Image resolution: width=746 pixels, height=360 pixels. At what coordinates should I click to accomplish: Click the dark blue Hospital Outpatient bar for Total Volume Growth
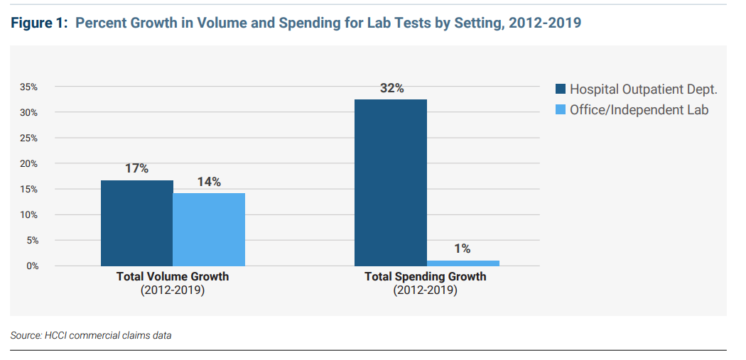click(136, 223)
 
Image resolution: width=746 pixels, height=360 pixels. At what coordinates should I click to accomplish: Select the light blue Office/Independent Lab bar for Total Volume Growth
click(209, 229)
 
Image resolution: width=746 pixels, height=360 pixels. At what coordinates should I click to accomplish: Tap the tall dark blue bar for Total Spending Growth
click(390, 182)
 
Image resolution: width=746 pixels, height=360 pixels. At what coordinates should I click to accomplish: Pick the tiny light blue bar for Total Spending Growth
click(463, 263)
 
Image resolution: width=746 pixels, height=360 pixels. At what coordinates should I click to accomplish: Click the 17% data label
click(136, 169)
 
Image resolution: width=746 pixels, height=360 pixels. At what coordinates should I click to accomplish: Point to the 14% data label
click(209, 182)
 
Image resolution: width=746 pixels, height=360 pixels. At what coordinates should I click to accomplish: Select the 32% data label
click(391, 88)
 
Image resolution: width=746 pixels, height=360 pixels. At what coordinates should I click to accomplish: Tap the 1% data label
click(463, 249)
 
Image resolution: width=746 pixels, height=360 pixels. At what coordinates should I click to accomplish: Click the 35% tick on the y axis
click(28, 87)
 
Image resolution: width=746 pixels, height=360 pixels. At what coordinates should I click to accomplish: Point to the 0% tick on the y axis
click(31, 266)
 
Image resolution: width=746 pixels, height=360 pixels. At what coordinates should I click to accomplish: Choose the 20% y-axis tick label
click(28, 164)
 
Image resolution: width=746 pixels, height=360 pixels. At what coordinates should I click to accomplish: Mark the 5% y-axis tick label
click(31, 241)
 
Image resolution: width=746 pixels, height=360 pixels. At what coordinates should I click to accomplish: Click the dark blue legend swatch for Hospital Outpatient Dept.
click(560, 89)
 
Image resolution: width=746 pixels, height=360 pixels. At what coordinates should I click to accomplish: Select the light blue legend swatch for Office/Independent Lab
click(560, 110)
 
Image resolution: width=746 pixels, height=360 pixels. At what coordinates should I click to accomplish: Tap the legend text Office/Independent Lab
click(639, 110)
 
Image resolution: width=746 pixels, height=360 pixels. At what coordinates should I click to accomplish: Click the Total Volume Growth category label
click(173, 277)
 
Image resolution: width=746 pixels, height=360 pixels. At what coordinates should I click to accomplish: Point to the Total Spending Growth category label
click(426, 277)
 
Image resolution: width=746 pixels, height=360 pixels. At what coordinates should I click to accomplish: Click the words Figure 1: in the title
click(40, 23)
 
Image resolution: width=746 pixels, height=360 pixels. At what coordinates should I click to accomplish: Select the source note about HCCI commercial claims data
click(91, 335)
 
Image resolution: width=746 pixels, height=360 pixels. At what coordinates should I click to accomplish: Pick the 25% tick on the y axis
click(28, 138)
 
